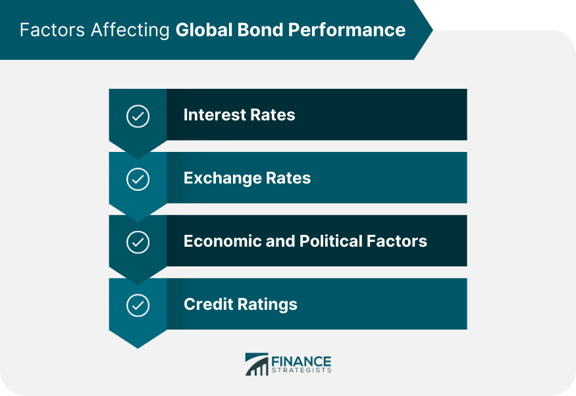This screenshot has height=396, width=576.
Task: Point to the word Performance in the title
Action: (x=349, y=30)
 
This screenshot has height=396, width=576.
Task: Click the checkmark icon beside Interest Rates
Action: (x=138, y=116)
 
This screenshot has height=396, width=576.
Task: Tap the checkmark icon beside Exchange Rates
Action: (x=138, y=180)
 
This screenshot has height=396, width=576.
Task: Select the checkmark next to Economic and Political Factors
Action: (x=138, y=243)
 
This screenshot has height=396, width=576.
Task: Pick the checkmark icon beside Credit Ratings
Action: (x=138, y=306)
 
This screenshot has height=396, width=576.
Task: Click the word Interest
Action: (x=212, y=114)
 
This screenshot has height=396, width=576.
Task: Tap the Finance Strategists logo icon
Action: (x=257, y=364)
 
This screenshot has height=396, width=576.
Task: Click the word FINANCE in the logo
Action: (x=301, y=360)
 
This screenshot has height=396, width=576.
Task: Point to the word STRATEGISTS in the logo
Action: (x=301, y=370)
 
